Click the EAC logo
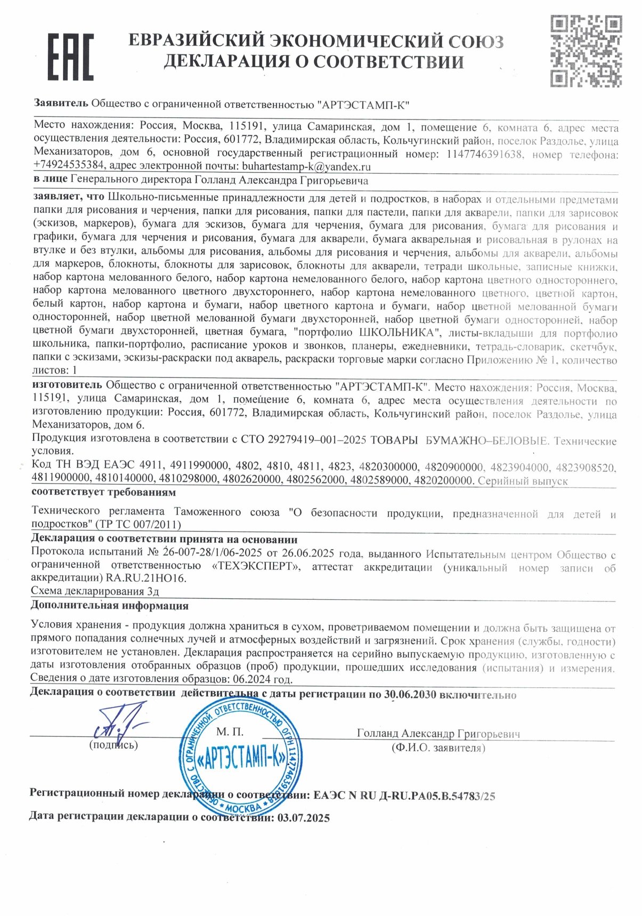click(x=70, y=57)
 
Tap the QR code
click(x=586, y=51)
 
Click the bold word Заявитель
click(x=60, y=103)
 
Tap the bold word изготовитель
click(x=67, y=385)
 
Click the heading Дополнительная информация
click(x=109, y=606)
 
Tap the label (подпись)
click(x=113, y=745)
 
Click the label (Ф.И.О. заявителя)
click(x=438, y=748)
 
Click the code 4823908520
click(x=585, y=468)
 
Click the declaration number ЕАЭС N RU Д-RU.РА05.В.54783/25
click(x=404, y=796)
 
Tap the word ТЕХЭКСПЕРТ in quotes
click(x=256, y=566)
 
